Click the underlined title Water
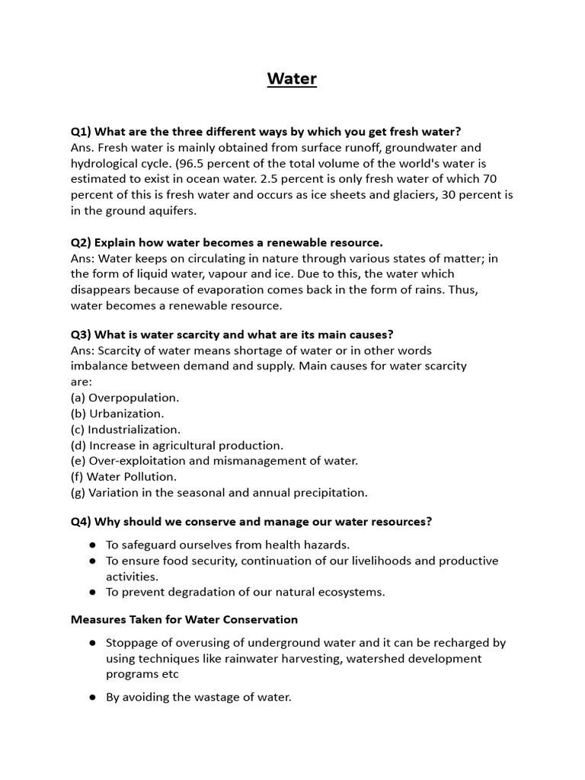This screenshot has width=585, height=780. (292, 79)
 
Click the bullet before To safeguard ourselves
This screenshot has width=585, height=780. (92, 545)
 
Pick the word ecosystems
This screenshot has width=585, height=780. (347, 592)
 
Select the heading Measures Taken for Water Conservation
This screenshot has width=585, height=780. (184, 619)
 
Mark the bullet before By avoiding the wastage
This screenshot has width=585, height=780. (92, 697)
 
